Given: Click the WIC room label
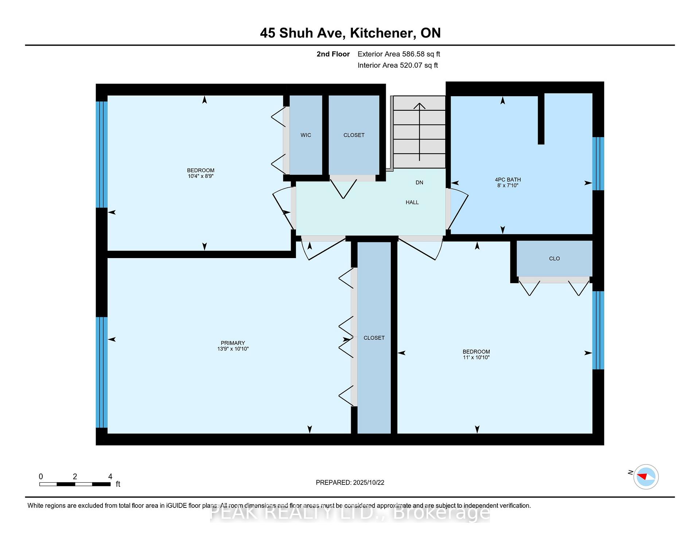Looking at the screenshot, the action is tap(306, 135).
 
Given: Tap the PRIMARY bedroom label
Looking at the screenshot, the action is tap(233, 343).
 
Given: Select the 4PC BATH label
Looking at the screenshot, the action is tap(508, 180).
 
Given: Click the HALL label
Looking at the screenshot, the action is tap(412, 202).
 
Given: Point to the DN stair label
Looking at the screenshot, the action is tap(420, 183).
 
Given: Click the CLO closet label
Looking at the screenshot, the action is tap(555, 258).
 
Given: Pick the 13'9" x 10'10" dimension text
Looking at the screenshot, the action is tap(233, 349).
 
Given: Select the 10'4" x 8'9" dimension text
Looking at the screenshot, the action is tap(201, 176).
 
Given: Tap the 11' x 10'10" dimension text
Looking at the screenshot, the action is tap(476, 358).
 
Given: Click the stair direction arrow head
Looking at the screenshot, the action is tap(420, 106).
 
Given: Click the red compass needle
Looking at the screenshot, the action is tap(642, 476).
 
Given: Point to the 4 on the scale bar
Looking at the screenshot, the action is tap(110, 476).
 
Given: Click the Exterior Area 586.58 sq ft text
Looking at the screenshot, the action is tap(399, 54).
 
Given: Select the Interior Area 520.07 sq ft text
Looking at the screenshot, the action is tap(398, 66).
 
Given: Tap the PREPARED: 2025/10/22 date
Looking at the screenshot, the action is tap(350, 483).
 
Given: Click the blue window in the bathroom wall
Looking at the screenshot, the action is tap(598, 164).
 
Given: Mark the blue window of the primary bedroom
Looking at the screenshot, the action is tap(102, 372).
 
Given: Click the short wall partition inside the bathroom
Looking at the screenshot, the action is tap(541, 119).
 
